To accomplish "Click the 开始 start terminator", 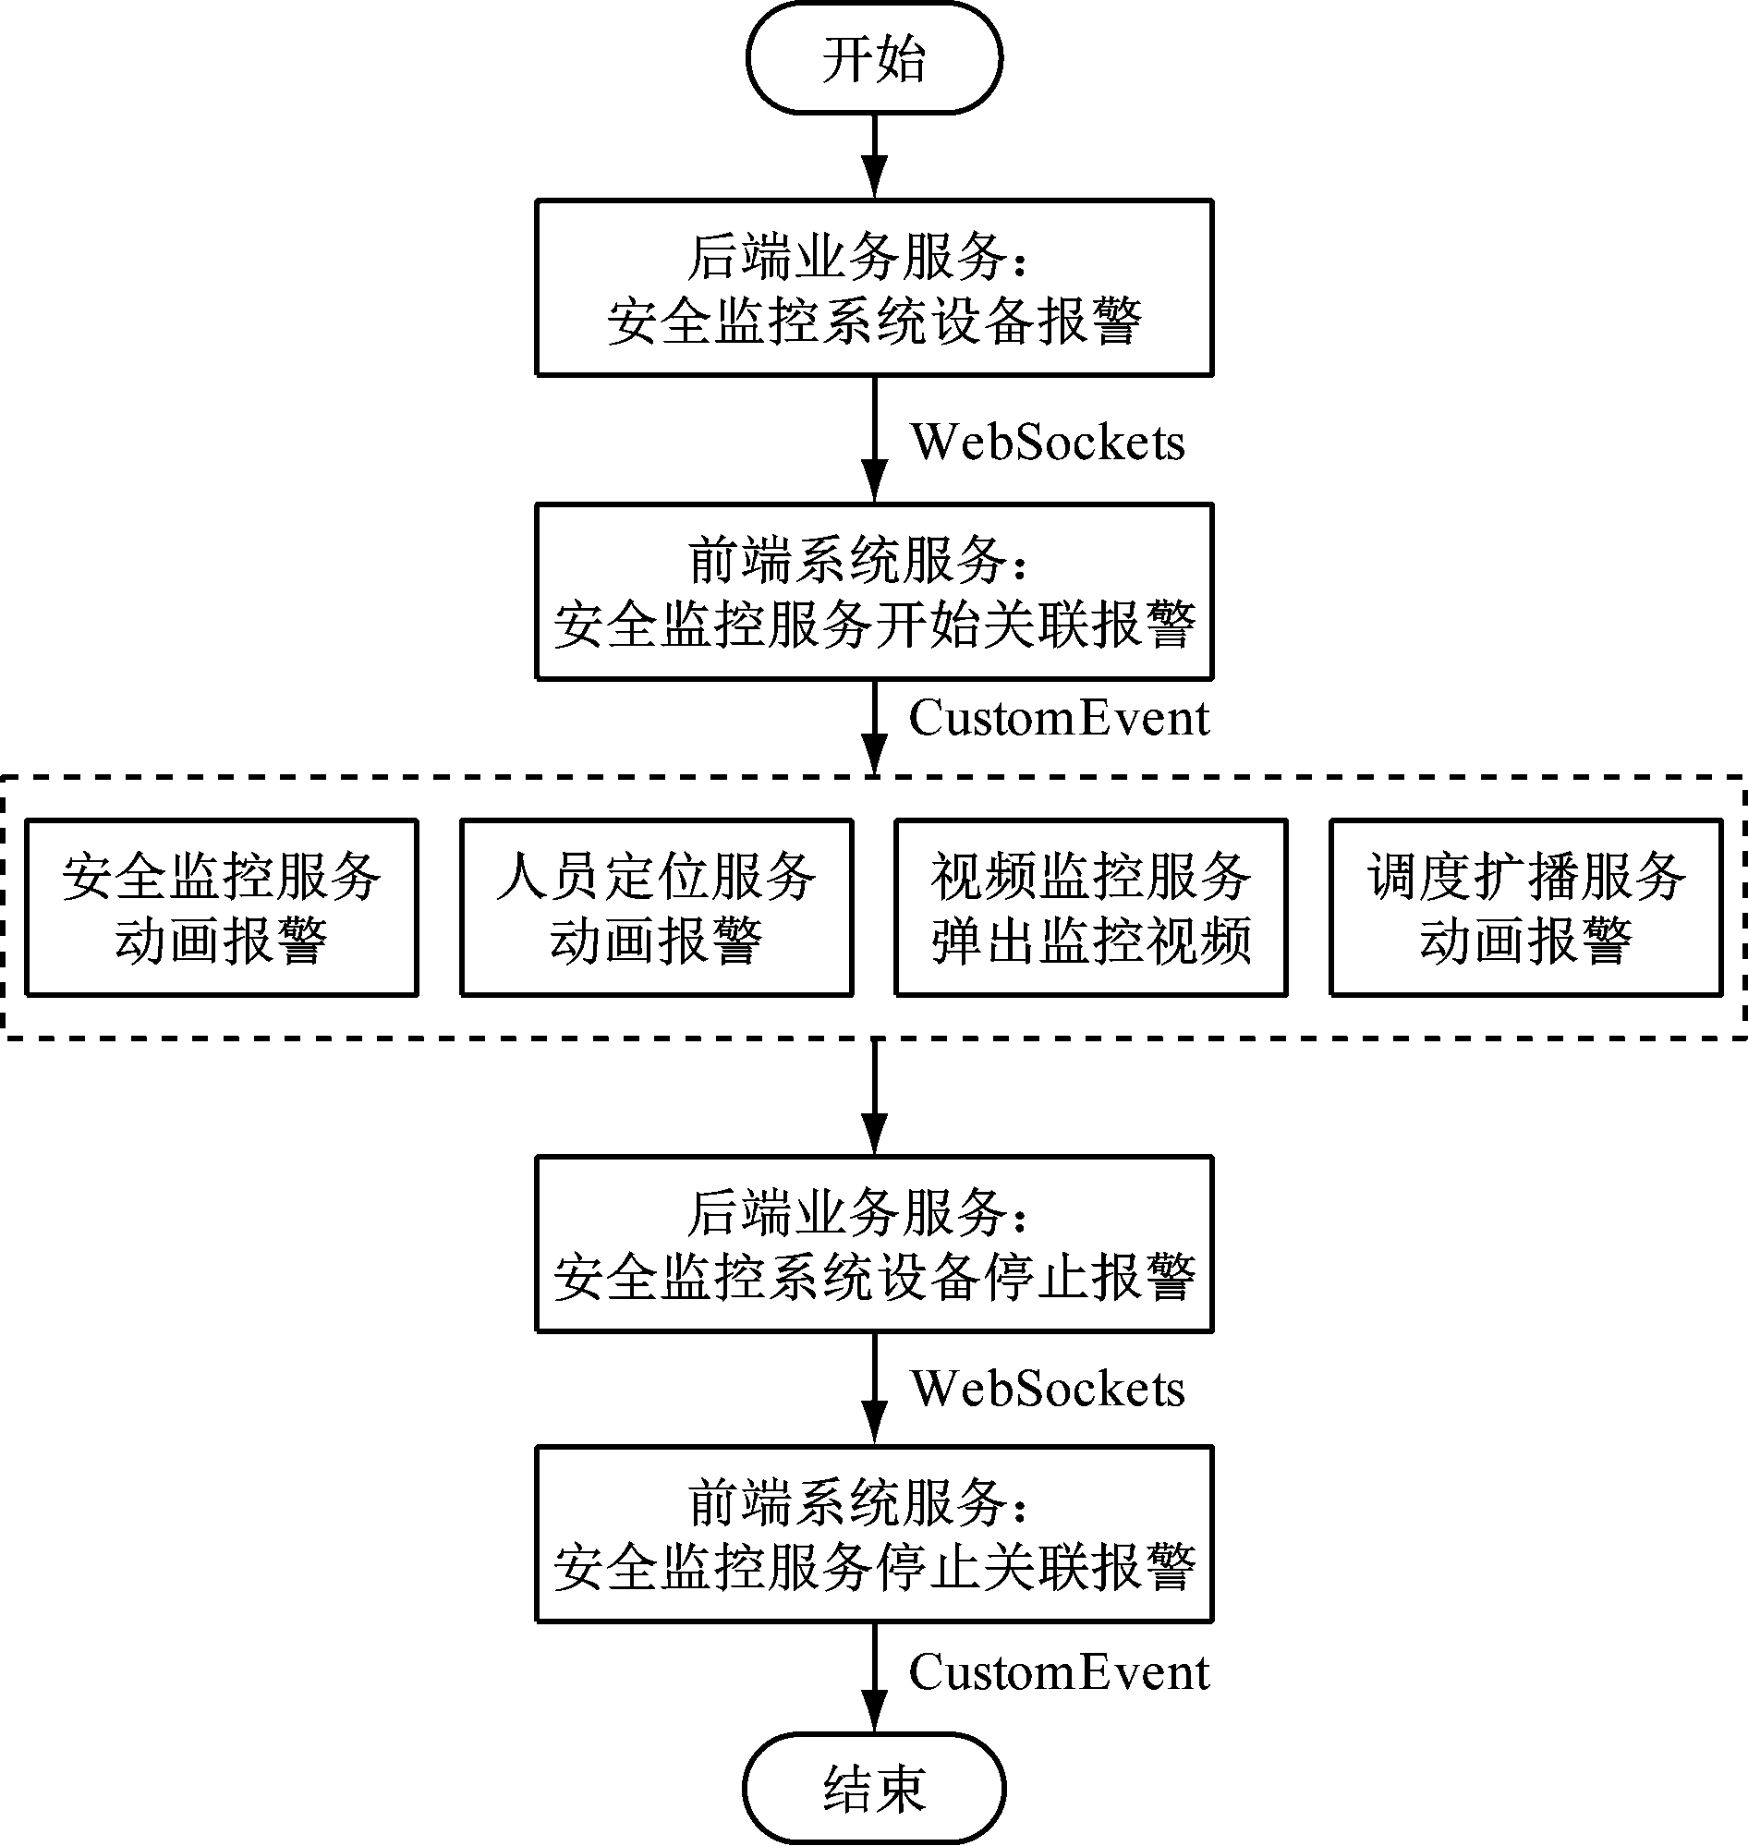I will [x=873, y=59].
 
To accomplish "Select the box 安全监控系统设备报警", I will [x=873, y=288].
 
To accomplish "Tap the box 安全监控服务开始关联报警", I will [x=873, y=591].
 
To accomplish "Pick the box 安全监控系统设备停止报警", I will [x=873, y=1244].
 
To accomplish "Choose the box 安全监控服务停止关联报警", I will [x=873, y=1534].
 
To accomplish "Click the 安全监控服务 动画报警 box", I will [x=221, y=907].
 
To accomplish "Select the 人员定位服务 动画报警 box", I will [x=656, y=907].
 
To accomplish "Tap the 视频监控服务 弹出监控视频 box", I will [x=1090, y=907].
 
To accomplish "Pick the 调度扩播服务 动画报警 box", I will [x=1525, y=907].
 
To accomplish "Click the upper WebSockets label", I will [x=1048, y=442].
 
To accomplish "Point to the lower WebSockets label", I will [x=1048, y=1389].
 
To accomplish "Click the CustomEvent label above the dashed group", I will [x=1059, y=719].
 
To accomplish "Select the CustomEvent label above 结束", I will [x=1059, y=1672].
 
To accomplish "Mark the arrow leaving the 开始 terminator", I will [x=874, y=156].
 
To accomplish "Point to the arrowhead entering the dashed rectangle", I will [x=874, y=756].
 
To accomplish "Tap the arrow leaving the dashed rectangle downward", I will [x=874, y=1098].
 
